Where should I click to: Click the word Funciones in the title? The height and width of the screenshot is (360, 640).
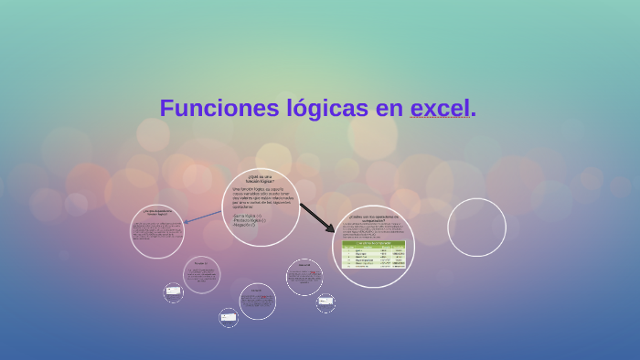[216, 108]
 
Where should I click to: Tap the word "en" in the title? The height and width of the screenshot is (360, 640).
[389, 108]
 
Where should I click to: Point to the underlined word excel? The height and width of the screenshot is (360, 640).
[439, 108]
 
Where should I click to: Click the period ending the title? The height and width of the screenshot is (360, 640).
[473, 113]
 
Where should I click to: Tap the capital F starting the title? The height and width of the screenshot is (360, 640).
[166, 108]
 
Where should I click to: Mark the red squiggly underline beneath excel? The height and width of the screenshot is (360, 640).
[439, 120]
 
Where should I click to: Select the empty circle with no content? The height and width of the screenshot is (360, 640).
[476, 228]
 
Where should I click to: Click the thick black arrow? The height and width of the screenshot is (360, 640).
[316, 217]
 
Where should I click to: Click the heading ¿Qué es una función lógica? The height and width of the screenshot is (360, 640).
[260, 179]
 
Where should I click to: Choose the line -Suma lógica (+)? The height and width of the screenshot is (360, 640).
[247, 216]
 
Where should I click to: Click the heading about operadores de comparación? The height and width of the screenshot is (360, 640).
[373, 218]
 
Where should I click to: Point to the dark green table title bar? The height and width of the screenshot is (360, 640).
[373, 244]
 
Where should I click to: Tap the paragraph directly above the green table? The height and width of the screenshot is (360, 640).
[373, 230]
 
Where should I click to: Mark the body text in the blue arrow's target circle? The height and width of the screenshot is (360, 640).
[156, 232]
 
